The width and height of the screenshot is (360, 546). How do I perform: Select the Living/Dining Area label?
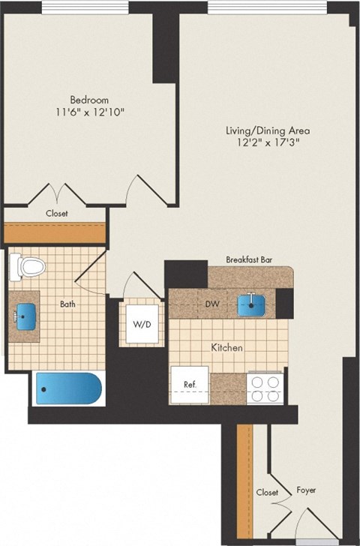[x=268, y=130]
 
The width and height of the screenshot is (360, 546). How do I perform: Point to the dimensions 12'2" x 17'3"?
[x=268, y=143]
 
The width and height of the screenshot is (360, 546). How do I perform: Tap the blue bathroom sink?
[x=28, y=315]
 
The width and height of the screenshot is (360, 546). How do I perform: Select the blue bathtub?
[x=67, y=389]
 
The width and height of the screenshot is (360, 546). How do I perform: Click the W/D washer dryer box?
[x=142, y=325]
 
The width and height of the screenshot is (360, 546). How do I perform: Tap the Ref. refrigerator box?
[x=190, y=385]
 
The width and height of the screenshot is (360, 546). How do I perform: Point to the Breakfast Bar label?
[x=249, y=259]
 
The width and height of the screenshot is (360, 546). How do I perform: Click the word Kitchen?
[x=226, y=348]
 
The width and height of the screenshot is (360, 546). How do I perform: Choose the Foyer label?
[x=305, y=490]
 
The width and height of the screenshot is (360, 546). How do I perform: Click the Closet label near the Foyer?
[x=266, y=493]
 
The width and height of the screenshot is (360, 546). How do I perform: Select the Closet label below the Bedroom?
[x=56, y=213]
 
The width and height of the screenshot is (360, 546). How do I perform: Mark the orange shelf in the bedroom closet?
[x=55, y=232]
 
